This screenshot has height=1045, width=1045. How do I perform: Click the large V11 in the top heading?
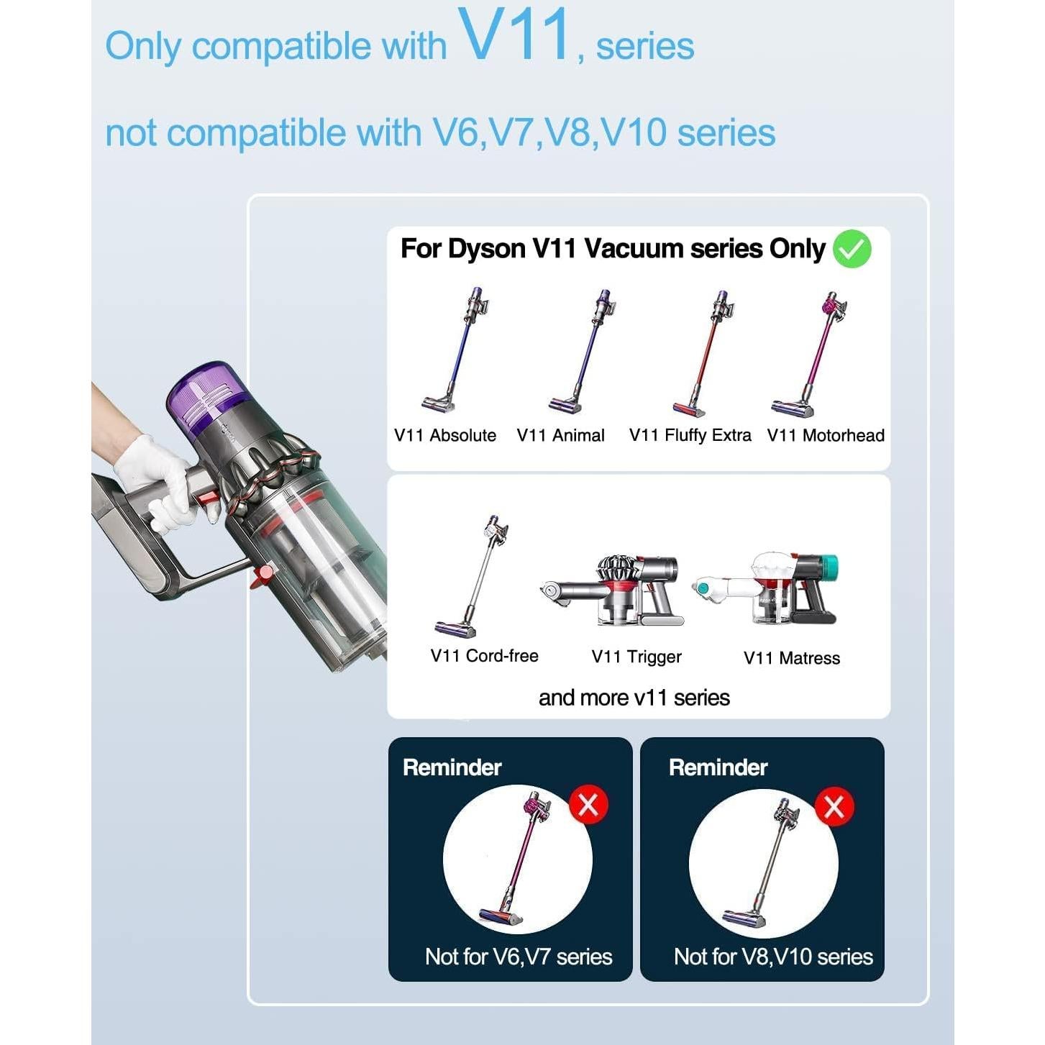click(x=516, y=36)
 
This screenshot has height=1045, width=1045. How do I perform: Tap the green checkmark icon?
click(x=852, y=249)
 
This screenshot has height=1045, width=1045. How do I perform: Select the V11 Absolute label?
click(x=444, y=435)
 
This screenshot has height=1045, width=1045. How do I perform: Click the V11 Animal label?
click(x=560, y=435)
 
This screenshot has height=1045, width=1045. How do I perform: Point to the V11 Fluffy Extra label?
click(x=690, y=435)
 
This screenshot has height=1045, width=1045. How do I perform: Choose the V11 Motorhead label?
click(x=825, y=435)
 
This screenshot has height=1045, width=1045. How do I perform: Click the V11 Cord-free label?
click(x=484, y=656)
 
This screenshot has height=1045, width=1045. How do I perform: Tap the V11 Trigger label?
click(x=636, y=657)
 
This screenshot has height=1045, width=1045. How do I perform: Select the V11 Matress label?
click(x=791, y=658)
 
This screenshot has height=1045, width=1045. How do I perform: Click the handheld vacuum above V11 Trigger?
click(x=613, y=590)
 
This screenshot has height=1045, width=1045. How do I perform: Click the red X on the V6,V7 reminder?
click(x=588, y=805)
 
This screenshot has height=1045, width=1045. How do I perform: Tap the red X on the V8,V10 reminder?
click(x=834, y=807)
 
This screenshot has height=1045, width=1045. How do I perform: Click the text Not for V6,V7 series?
click(x=518, y=957)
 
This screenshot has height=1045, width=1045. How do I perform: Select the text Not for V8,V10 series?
click(x=773, y=957)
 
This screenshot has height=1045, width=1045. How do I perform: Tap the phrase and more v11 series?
click(x=634, y=698)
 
